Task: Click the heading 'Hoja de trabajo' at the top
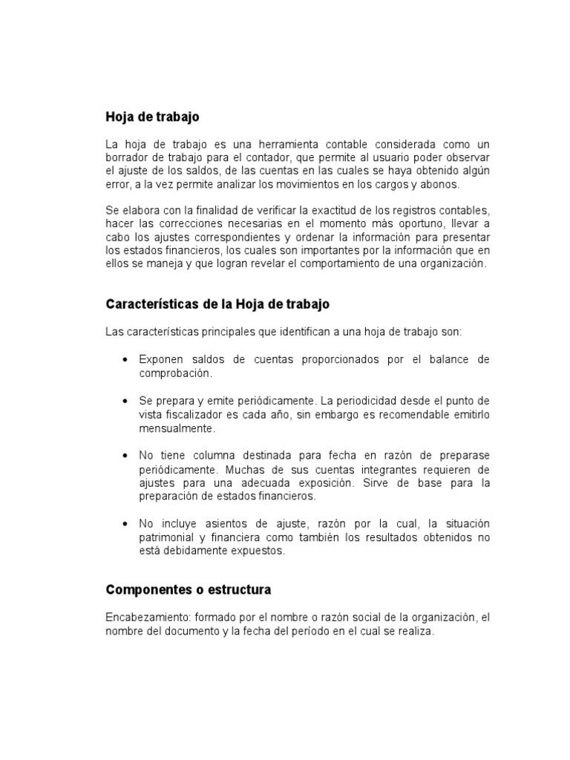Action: (152, 117)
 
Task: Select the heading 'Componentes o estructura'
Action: (189, 590)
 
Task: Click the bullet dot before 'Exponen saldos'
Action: (125, 360)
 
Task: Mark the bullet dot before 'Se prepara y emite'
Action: (125, 401)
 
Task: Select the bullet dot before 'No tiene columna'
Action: (125, 455)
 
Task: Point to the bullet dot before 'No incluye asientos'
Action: (125, 523)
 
